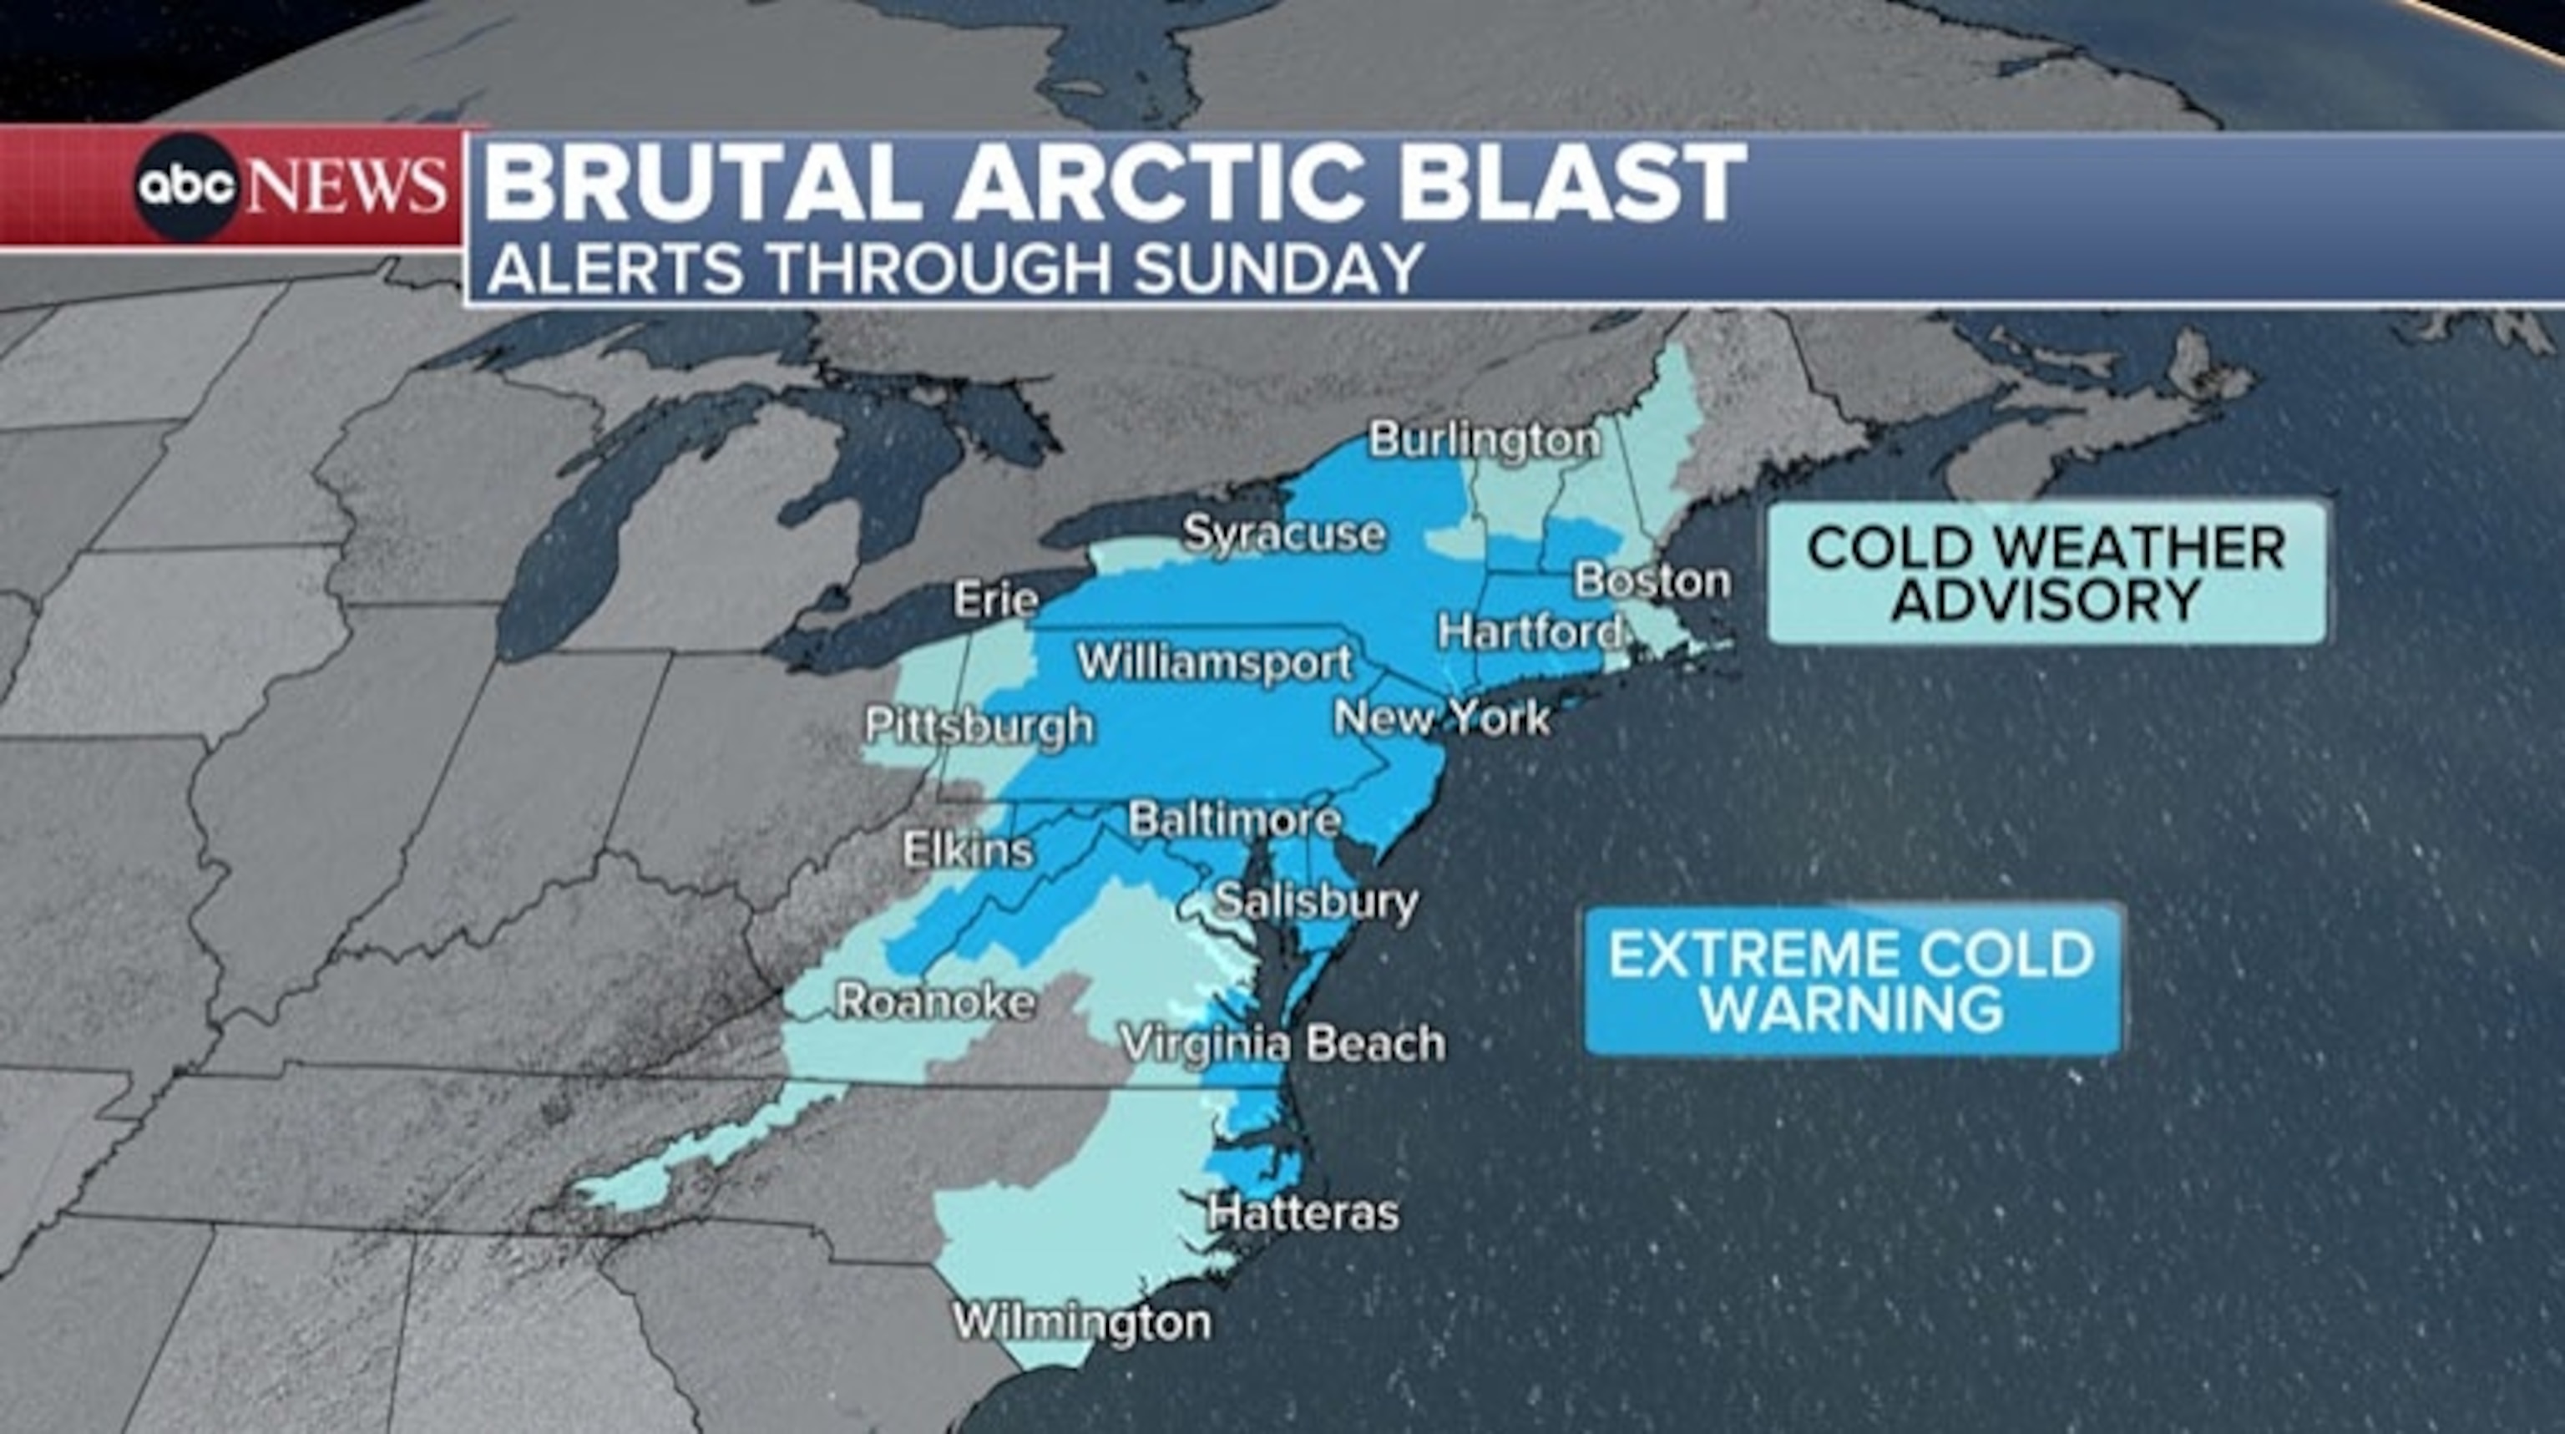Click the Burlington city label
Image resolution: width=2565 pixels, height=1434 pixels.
(1485, 439)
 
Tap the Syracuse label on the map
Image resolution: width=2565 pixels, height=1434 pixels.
(1284, 534)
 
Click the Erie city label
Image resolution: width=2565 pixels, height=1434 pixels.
(996, 600)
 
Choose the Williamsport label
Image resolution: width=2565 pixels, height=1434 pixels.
(1216, 662)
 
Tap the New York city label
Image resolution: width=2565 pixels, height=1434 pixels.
(1442, 717)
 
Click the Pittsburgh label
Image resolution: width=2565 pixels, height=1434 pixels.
(979, 725)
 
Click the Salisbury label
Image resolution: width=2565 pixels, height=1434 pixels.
(1318, 902)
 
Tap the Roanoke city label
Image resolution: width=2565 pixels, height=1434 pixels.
(935, 1001)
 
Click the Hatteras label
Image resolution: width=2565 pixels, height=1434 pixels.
(1303, 1213)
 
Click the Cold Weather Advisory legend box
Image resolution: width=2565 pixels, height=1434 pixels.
(2046, 574)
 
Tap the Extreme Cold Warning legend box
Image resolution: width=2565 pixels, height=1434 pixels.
(1852, 980)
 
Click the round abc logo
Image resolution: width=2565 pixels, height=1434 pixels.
(186, 186)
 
